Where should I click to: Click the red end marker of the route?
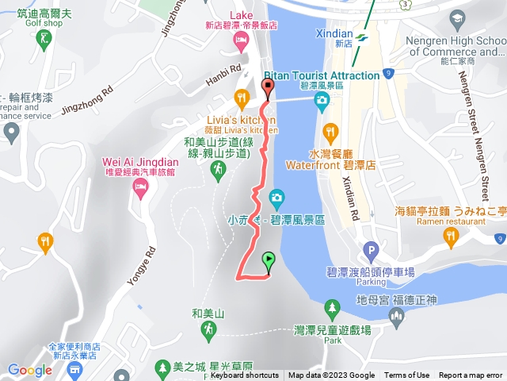(x=267, y=88)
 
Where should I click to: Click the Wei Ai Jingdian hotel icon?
(x=141, y=188)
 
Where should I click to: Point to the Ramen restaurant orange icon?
(x=451, y=235)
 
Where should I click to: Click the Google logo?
(x=30, y=369)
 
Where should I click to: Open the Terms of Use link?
(x=406, y=375)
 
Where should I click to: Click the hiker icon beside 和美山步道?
(x=217, y=169)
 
